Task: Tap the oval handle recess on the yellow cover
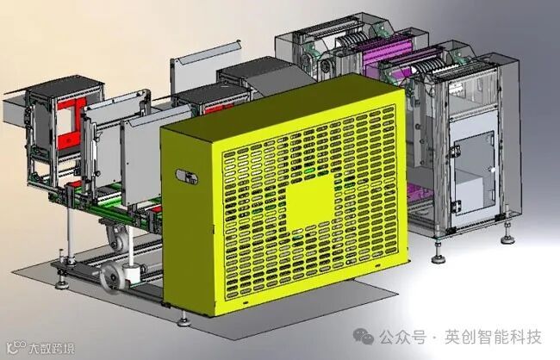187,177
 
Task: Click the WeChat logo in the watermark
364,336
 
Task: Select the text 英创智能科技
493,337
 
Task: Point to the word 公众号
403,337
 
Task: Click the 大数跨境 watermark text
53,348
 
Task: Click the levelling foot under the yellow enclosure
184,320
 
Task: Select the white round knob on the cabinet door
493,170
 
